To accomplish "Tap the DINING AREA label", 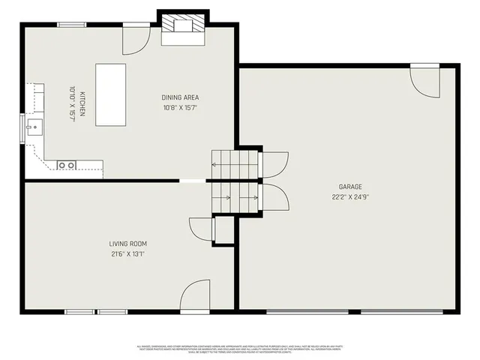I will (x=180, y=97).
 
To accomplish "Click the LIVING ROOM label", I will (x=127, y=244).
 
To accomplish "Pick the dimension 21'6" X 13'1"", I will (x=127, y=254).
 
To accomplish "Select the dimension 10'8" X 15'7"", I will (x=180, y=107).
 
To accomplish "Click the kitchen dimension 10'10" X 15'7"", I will (x=73, y=104).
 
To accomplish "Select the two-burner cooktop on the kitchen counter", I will (x=67, y=164).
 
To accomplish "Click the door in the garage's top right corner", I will (x=425, y=81).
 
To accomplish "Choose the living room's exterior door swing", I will (x=195, y=295).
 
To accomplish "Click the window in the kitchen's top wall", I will (x=71, y=25).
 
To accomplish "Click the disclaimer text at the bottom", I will (x=240, y=348).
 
